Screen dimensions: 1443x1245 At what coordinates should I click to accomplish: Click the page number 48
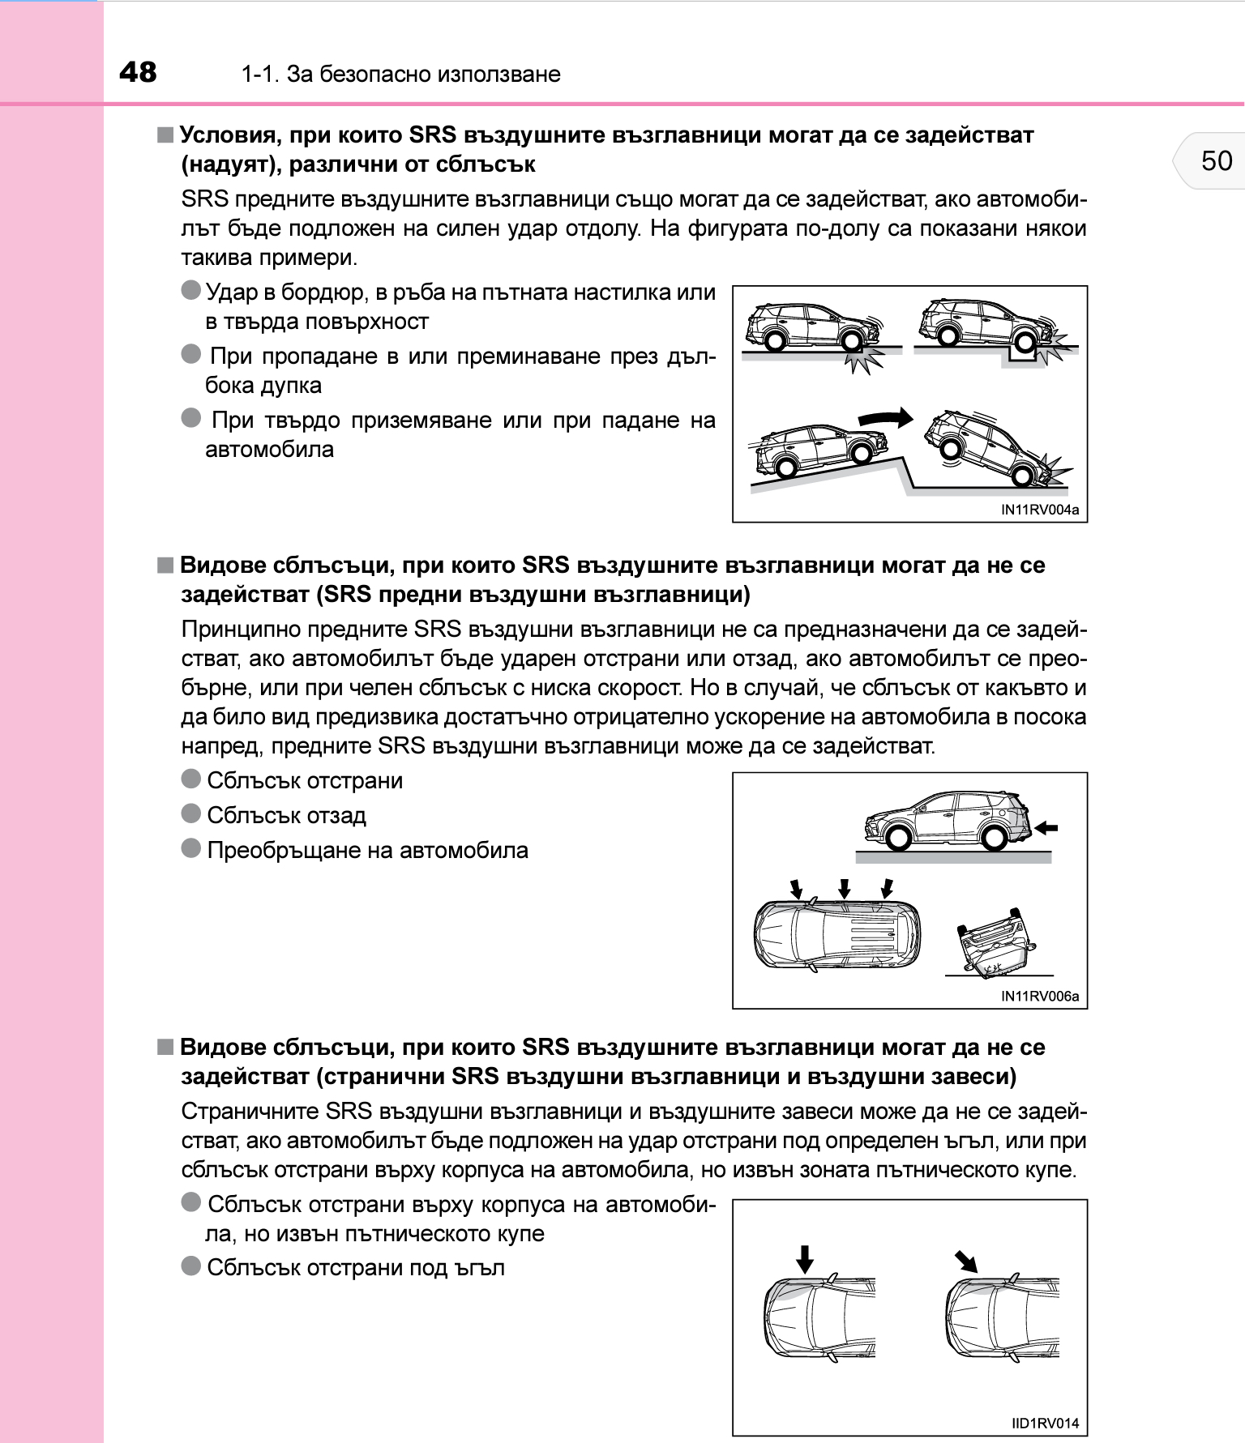click(x=138, y=72)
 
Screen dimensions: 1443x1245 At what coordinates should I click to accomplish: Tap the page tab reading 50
click(x=1216, y=160)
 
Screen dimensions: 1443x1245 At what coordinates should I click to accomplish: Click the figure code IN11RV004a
click(x=1040, y=510)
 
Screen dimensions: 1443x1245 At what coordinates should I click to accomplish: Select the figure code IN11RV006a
click(x=1040, y=996)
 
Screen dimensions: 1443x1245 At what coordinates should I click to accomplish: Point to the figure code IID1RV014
click(x=1046, y=1423)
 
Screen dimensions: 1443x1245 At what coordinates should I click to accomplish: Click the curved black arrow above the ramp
click(x=885, y=418)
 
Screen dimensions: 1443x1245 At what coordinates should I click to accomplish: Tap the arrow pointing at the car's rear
click(x=1047, y=827)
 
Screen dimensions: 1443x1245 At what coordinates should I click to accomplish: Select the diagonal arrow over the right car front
click(x=965, y=1262)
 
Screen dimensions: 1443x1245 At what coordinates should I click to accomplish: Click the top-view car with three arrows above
click(x=837, y=934)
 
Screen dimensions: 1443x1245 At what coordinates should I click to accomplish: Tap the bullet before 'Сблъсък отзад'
click(x=191, y=813)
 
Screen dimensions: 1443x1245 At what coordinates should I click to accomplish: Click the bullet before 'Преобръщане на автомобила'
click(x=191, y=848)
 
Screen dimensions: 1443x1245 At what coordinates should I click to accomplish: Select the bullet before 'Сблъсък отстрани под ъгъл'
click(x=191, y=1266)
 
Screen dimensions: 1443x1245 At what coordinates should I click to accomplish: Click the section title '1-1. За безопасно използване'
click(x=400, y=75)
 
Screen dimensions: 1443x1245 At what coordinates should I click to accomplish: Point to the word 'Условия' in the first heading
click(x=228, y=134)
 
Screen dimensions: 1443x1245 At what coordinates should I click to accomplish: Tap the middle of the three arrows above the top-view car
click(x=845, y=888)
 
